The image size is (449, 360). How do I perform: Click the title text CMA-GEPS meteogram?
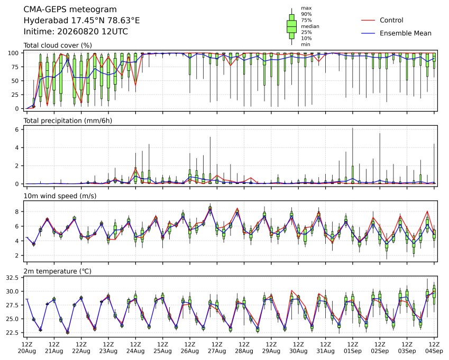click(x=70, y=10)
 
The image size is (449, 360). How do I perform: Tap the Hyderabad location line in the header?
click(x=81, y=21)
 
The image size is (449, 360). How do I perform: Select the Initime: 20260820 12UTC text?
click(x=76, y=32)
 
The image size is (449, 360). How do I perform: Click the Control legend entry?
click(x=382, y=20)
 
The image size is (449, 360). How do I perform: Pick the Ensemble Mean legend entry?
click(x=396, y=33)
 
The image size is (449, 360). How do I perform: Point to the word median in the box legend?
click(x=310, y=26)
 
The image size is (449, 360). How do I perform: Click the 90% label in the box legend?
click(x=306, y=14)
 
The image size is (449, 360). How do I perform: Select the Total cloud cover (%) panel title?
click(x=58, y=45)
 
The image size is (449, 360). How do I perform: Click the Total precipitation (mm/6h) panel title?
click(x=68, y=121)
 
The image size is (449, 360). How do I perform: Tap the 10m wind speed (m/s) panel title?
click(x=60, y=196)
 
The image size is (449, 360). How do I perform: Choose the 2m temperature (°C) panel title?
click(x=57, y=271)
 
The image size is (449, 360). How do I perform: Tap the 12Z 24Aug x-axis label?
click(x=135, y=348)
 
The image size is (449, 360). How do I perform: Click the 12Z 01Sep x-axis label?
click(x=353, y=348)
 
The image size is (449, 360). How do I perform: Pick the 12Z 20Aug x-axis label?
click(x=27, y=348)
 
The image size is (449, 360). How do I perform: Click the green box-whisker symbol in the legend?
click(x=292, y=26)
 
